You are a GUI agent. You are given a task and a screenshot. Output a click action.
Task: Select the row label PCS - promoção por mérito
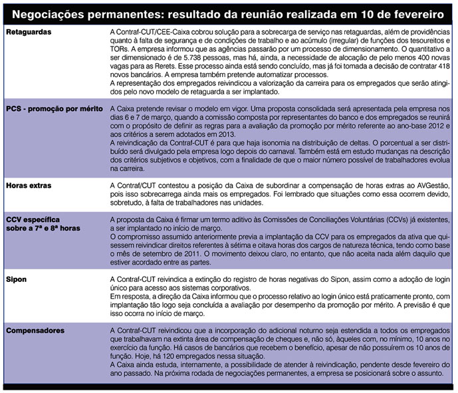(x=53, y=108)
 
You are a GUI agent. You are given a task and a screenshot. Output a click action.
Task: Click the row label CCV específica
(x=34, y=219)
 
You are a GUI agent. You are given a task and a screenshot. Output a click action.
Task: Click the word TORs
(x=120, y=49)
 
